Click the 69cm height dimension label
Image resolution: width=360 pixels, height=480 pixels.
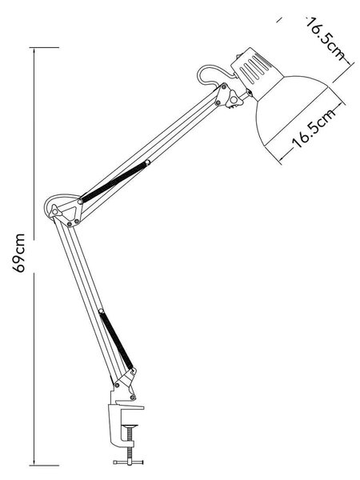pos(18,253)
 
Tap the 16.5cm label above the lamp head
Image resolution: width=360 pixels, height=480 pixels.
pos(326,38)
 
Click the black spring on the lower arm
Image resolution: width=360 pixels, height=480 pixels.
pos(116,341)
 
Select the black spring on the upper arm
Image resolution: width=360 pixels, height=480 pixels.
pos(114,182)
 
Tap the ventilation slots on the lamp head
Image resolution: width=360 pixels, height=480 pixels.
pos(254,69)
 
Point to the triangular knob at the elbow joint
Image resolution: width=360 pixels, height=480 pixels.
pos(55,210)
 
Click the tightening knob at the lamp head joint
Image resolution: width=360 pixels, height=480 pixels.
pos(234,99)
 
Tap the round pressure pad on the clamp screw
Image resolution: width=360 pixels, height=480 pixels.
pos(129,426)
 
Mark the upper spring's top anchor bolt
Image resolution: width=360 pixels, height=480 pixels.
pos(147,162)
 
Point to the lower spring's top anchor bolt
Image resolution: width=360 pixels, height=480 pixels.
pos(102,311)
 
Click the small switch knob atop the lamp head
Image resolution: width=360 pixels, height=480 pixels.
pos(238,57)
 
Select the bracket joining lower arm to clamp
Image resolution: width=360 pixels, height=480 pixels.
pos(125,385)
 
